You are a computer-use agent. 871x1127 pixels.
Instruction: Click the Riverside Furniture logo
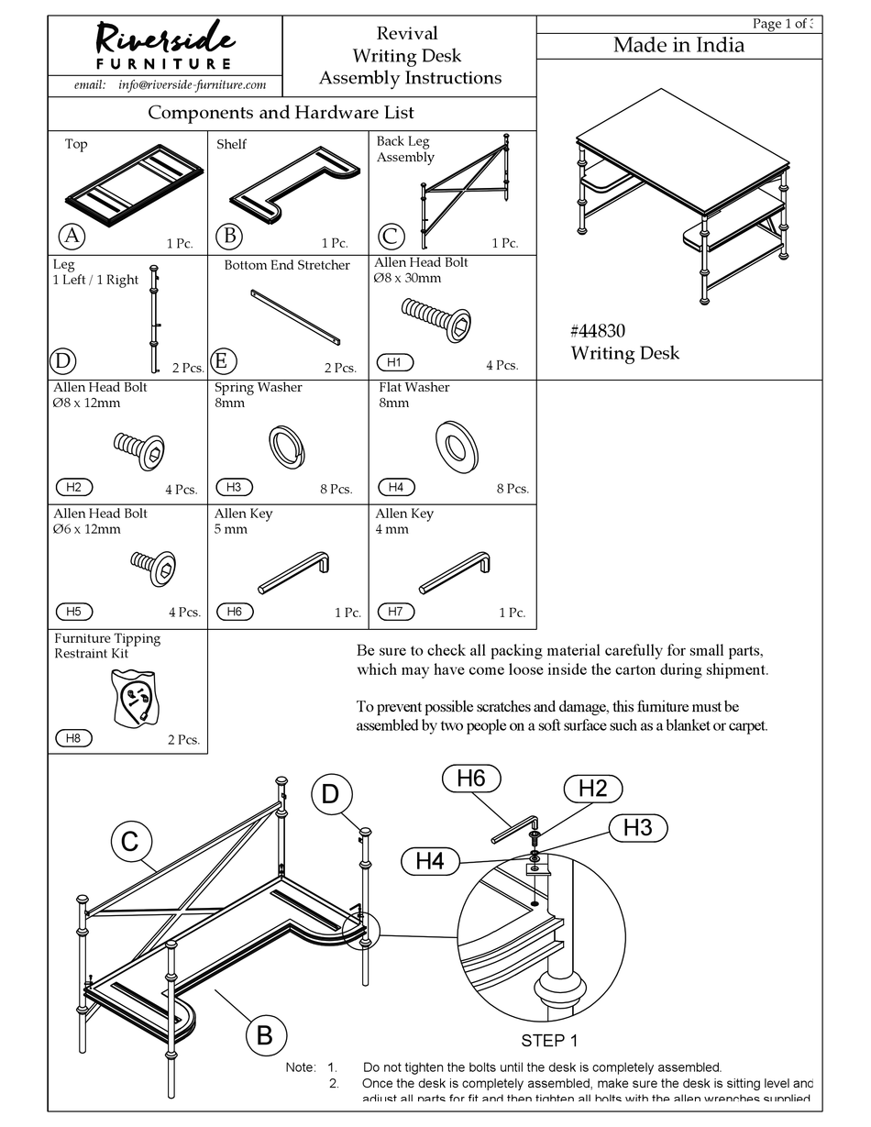pos(165,46)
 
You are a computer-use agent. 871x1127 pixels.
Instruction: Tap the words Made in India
pos(678,45)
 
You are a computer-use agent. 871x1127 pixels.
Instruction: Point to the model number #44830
pos(598,331)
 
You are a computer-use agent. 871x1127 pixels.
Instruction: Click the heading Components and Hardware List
pos(281,113)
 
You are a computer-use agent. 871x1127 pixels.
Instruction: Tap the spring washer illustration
pos(286,445)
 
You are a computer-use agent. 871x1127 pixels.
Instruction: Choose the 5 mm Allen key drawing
pos(293,573)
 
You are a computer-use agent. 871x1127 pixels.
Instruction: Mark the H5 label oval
pos(74,612)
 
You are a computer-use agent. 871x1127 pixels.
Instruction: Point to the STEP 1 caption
pos(549,1041)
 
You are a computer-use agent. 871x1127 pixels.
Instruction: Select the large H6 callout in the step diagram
pos(470,779)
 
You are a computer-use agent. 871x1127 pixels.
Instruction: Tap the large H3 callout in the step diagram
pos(637,827)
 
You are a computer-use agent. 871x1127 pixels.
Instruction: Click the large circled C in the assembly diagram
pos(130,841)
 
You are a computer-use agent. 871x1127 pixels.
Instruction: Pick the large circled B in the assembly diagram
pos(265,1035)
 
